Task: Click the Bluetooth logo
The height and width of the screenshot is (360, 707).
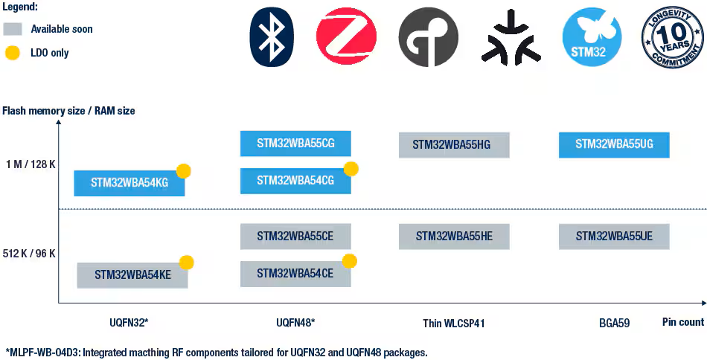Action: (272, 36)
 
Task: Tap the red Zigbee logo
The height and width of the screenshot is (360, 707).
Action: (346, 36)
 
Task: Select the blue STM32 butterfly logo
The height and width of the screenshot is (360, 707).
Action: (592, 36)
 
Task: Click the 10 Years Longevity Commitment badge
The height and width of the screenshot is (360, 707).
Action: (672, 36)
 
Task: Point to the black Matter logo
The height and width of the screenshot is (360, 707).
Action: (511, 37)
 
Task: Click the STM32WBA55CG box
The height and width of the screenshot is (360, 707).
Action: (295, 143)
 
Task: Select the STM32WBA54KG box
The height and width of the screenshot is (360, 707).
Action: (129, 183)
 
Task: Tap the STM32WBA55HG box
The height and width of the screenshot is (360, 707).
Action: (454, 145)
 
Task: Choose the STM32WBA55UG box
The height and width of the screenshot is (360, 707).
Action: (614, 144)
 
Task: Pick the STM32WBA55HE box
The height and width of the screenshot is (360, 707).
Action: (454, 237)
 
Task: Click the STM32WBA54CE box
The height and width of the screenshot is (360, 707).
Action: (295, 274)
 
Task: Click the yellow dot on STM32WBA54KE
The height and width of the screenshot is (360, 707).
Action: (187, 263)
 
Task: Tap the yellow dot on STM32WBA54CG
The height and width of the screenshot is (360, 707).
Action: (351, 169)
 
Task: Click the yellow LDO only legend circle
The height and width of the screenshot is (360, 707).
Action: (12, 53)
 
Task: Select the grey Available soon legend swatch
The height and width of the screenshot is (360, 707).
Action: (12, 30)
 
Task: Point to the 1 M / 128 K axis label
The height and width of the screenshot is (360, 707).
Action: (29, 164)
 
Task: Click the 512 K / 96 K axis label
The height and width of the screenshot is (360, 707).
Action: (29, 254)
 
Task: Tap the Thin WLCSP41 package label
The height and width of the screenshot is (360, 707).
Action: (458, 324)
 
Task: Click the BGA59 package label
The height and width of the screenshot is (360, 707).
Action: (614, 324)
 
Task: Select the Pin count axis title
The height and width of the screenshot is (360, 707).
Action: (683, 322)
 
